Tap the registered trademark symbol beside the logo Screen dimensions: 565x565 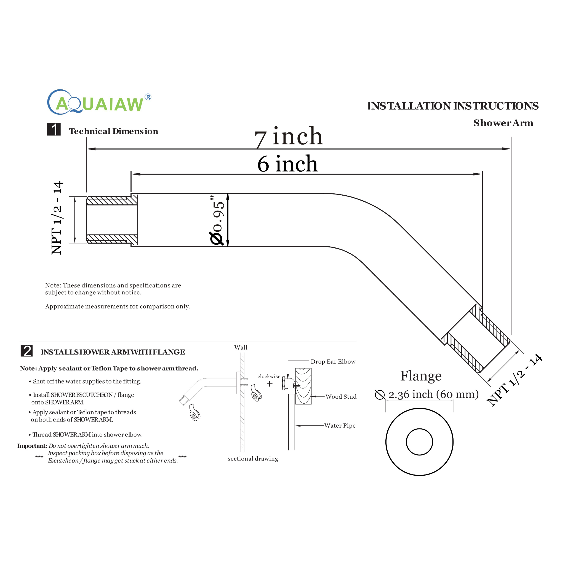(x=148, y=97)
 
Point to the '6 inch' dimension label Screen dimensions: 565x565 (x=287, y=164)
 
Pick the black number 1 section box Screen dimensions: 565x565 (x=54, y=129)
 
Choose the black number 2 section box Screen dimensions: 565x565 (x=26, y=351)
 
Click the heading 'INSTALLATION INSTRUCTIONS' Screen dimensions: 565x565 (x=453, y=106)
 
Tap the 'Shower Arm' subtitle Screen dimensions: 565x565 (x=503, y=123)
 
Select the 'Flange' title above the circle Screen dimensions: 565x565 (x=421, y=376)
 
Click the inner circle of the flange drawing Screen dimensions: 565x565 (x=419, y=442)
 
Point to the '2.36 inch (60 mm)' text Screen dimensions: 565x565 (x=433, y=394)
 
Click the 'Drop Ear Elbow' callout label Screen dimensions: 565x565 (x=333, y=362)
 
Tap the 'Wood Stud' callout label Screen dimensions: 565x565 (x=341, y=397)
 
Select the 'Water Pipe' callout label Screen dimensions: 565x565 (x=340, y=426)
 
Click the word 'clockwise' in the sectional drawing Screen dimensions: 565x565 (x=269, y=376)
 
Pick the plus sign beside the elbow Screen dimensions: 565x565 (x=270, y=384)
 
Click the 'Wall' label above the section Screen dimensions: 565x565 (x=241, y=347)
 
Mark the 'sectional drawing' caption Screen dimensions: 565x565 (x=253, y=459)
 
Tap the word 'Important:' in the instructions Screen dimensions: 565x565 (x=32, y=446)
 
